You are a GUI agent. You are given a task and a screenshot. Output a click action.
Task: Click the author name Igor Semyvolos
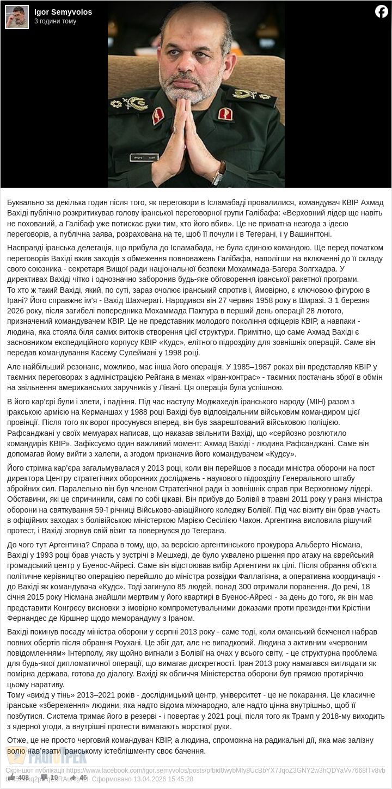[x=63, y=12]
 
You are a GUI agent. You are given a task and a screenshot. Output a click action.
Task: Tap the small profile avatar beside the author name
[x=17, y=16]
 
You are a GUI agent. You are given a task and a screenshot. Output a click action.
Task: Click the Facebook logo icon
[x=381, y=11]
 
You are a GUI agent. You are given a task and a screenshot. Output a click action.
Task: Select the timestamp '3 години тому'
[x=55, y=22]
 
